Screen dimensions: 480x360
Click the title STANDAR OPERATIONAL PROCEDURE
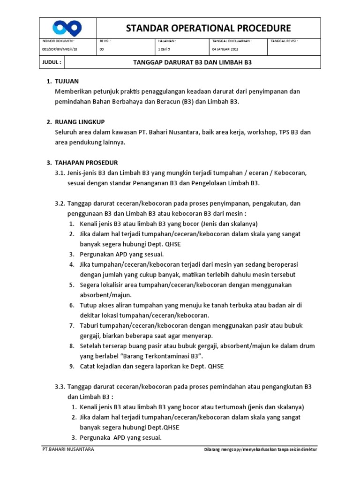tap(209, 28)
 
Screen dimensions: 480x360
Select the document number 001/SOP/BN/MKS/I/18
tap(60, 49)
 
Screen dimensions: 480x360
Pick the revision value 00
tap(102, 49)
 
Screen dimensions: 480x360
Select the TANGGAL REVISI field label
tap(284, 41)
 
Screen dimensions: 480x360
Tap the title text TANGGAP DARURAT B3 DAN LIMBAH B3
tap(193, 62)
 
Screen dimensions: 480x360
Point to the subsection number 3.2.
tap(61, 203)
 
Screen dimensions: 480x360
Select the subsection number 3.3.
tap(61, 386)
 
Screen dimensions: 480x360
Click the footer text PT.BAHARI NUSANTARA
tap(68, 450)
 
